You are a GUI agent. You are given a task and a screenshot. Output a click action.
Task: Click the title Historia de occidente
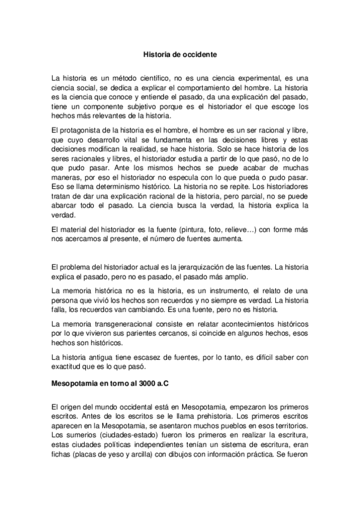click(x=180, y=54)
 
